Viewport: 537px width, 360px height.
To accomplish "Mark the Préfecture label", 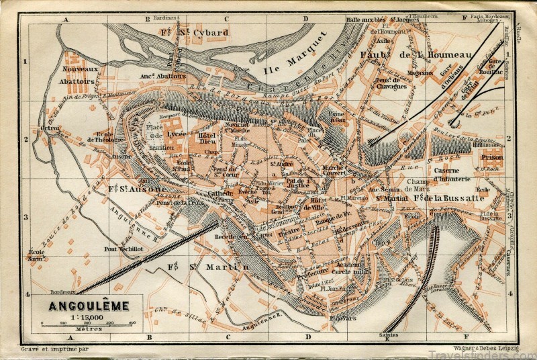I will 299,273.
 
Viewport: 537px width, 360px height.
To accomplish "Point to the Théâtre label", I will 289,230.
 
